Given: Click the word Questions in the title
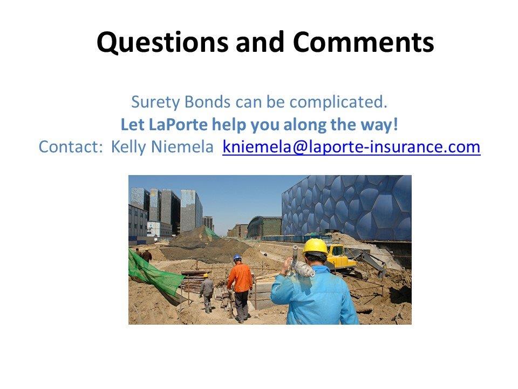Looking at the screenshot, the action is [162, 42].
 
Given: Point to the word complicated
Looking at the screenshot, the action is [338, 103].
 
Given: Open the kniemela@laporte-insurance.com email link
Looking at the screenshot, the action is [351, 147].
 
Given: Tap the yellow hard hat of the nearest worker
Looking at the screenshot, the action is [316, 246].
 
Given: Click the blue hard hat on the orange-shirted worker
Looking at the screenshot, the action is [237, 257].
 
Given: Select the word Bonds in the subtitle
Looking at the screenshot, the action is [207, 102].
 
